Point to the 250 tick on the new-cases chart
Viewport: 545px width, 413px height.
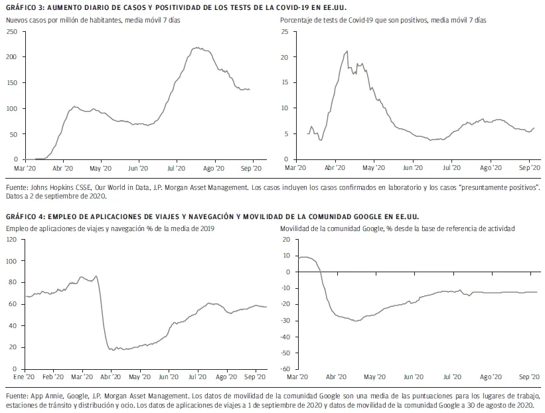pos(12,33)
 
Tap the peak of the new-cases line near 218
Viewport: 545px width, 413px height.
pos(197,48)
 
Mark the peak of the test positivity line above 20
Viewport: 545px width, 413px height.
pos(347,51)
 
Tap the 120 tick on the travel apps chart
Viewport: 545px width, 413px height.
pos(12,239)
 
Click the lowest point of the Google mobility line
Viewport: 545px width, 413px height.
pos(356,321)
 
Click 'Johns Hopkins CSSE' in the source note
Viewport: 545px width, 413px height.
pos(58,189)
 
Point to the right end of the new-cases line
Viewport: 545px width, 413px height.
pos(250,89)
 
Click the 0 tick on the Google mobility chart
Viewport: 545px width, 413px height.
pos(287,272)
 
